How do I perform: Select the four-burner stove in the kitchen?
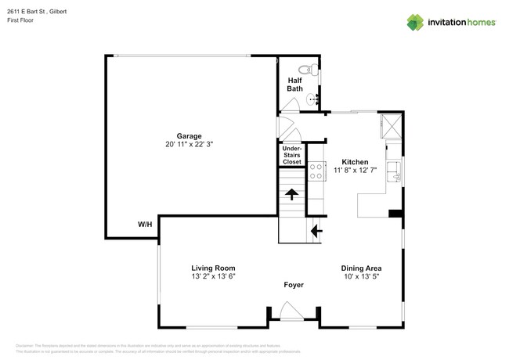point(317,171)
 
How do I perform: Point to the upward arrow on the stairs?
point(291,195)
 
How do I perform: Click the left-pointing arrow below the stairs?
point(315,231)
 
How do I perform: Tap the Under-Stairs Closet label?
point(291,155)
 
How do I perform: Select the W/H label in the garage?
point(145,225)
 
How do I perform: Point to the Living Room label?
point(214,267)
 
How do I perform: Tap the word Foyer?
point(293,285)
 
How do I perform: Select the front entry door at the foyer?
point(293,316)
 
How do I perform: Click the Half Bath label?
point(294,84)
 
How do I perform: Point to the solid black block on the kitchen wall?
point(395,214)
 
